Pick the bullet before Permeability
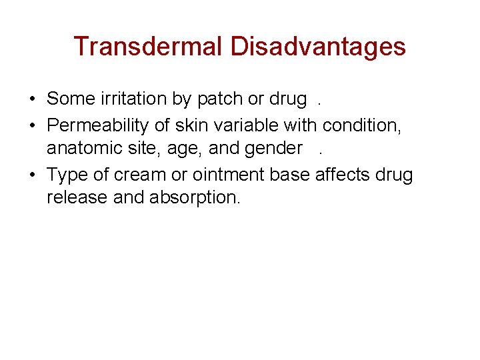point(32,125)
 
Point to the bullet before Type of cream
point(32,175)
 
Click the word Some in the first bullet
point(67,99)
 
